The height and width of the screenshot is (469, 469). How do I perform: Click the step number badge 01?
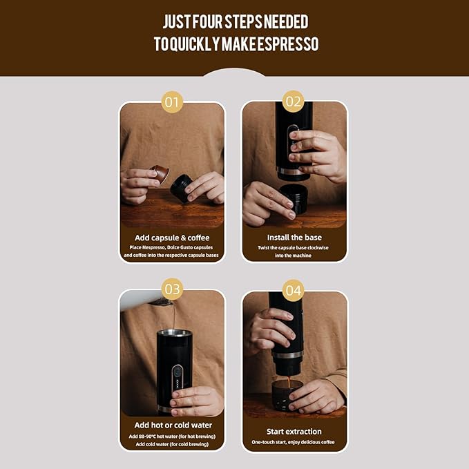coord(172,103)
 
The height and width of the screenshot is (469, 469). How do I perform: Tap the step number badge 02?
coord(294,102)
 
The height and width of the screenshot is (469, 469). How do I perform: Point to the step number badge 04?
coord(294,291)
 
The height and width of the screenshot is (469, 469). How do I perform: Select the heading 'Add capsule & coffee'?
coord(172,238)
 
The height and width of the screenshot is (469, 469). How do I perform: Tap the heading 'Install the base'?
coord(294,238)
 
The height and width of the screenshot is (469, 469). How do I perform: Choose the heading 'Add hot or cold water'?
coord(173,425)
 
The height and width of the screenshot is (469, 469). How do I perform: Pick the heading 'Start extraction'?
coord(294,430)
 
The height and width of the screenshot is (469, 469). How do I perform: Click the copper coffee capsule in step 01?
coord(160,173)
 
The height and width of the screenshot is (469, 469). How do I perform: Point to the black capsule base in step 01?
coord(182,188)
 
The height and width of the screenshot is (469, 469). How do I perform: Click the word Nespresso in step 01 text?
coord(158,247)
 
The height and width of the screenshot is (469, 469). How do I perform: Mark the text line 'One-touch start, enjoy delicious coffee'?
coord(294,441)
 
